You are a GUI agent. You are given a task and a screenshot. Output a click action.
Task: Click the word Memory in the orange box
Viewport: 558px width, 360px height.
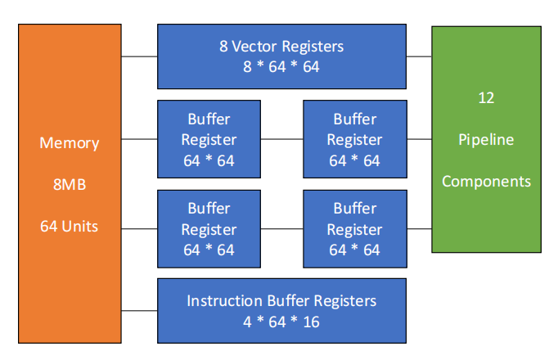tap(70, 143)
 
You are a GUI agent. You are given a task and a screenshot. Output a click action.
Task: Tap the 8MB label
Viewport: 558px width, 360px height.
tap(70, 185)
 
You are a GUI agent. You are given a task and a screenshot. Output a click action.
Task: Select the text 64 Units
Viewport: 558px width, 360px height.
tap(69, 227)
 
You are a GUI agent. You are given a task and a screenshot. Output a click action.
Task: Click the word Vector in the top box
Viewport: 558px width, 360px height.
tap(254, 47)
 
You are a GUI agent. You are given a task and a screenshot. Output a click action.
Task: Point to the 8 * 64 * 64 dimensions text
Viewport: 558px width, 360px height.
tap(281, 67)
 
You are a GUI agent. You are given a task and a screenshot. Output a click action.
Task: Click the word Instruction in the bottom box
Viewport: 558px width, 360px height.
tap(225, 301)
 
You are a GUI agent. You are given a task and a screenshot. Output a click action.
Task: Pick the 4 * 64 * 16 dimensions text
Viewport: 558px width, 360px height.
tap(281, 322)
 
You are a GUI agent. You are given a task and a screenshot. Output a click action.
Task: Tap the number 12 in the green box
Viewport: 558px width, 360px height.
tap(486, 98)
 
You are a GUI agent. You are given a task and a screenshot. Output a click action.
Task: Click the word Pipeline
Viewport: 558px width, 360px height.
tap(486, 140)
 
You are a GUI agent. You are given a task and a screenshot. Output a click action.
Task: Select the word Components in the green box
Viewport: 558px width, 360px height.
tap(486, 182)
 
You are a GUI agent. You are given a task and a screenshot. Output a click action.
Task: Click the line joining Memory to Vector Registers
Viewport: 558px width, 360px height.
tap(139, 56)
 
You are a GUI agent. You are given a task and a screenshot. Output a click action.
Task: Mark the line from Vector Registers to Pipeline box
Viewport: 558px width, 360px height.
tap(419, 56)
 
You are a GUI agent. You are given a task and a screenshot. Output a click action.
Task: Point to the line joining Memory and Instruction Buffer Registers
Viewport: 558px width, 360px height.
tap(139, 311)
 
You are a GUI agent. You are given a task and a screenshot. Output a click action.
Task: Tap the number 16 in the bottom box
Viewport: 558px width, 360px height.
tap(312, 322)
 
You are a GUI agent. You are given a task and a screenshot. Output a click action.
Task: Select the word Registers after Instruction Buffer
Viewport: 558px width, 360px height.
tap(345, 301)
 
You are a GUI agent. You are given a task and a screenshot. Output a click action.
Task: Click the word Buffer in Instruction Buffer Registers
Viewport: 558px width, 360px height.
tap(288, 301)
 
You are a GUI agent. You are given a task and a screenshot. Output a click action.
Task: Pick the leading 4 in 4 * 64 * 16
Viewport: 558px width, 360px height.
tap(248, 322)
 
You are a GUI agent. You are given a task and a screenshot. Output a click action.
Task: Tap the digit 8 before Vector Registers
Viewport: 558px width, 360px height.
tap(223, 47)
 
